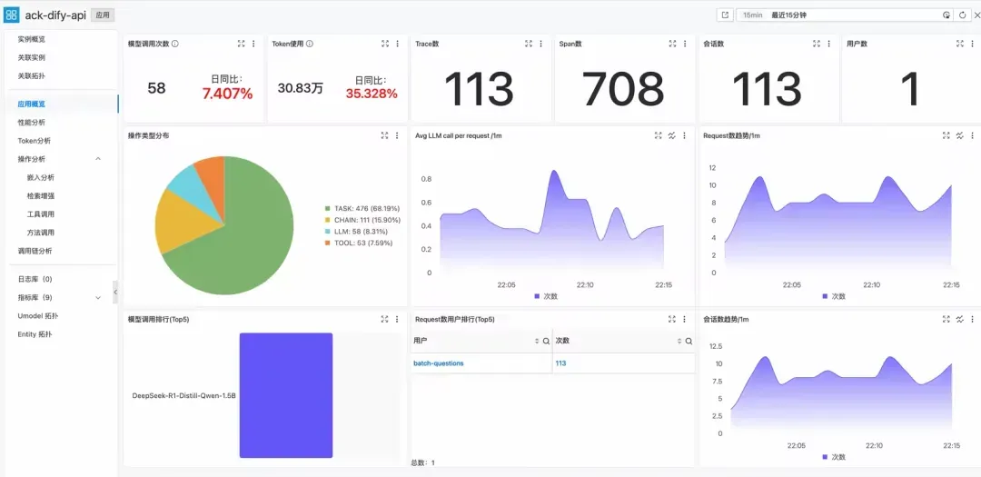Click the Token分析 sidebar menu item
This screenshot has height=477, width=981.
pos(35,141)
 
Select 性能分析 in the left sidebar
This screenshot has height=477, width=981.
pos(32,122)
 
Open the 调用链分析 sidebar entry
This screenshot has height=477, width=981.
pos(35,251)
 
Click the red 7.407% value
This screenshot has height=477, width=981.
pos(227,94)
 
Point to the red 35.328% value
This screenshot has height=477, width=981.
pos(372,94)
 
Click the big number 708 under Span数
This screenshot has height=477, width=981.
pos(623,89)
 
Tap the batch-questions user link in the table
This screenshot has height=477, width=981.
pos(438,363)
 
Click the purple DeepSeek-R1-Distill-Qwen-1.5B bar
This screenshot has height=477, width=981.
pos(286,395)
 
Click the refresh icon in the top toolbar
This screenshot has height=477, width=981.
pos(962,15)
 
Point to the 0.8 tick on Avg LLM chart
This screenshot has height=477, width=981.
pos(426,178)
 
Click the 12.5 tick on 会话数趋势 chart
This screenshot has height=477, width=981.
pos(715,346)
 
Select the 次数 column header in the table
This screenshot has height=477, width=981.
pos(563,341)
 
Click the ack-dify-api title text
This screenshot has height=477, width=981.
pos(55,15)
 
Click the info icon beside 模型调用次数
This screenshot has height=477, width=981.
pos(175,44)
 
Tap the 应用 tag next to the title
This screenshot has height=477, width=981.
pos(103,15)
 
